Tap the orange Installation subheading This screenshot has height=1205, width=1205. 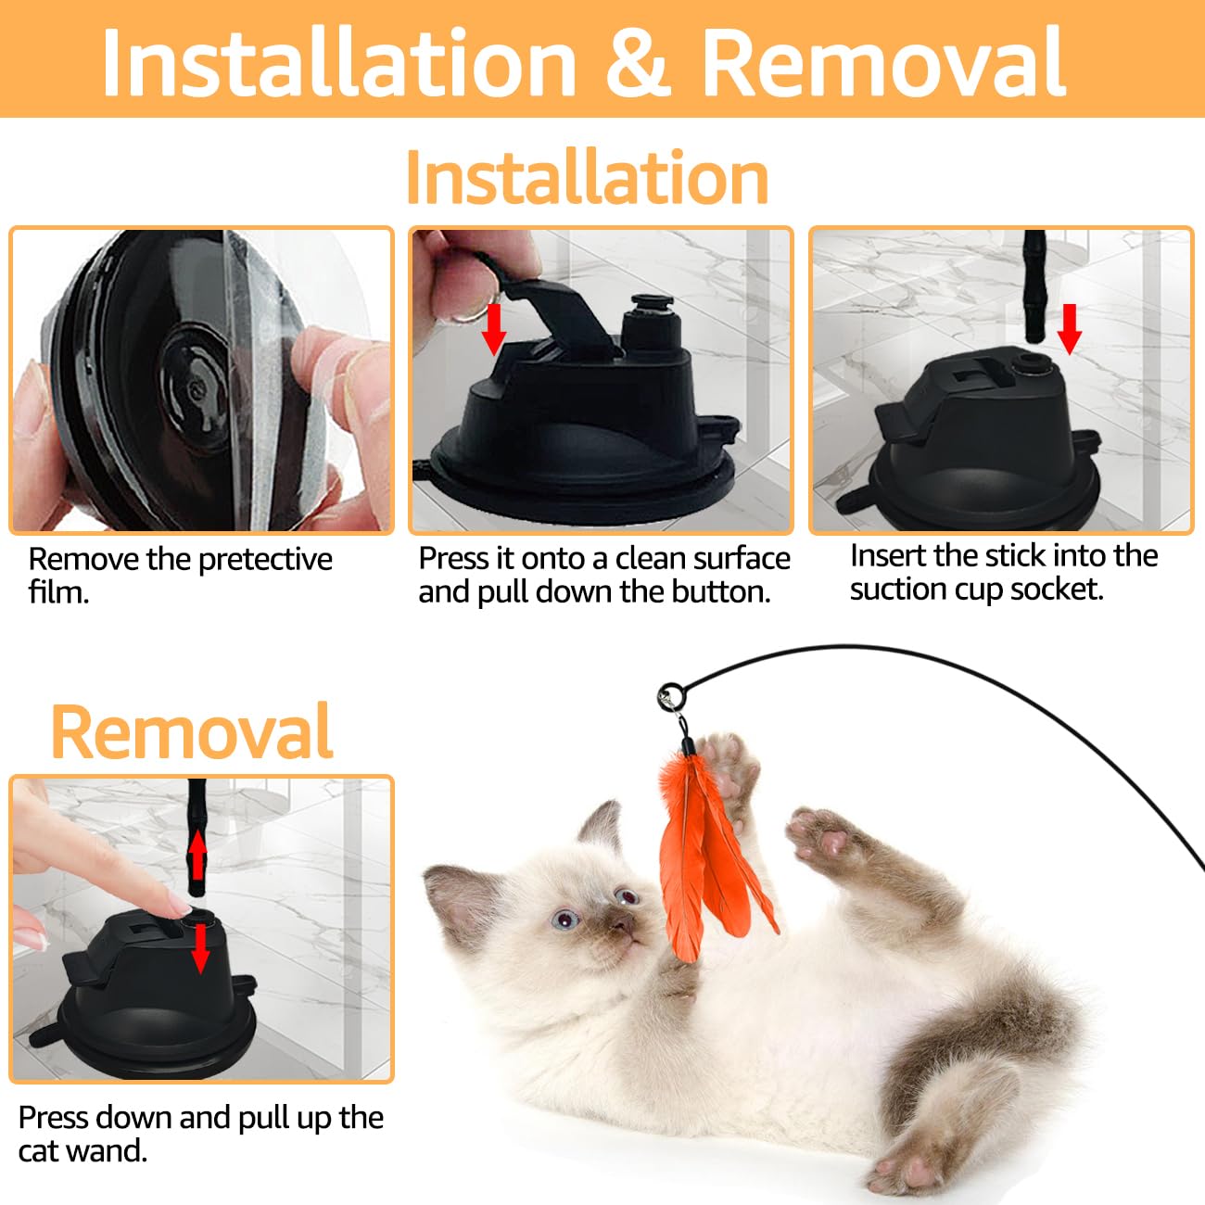pyautogui.click(x=588, y=177)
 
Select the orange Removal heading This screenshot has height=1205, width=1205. pyautogui.click(x=192, y=731)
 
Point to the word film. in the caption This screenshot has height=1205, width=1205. pyautogui.click(x=58, y=592)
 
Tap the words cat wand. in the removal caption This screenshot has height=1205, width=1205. pyautogui.click(x=82, y=1151)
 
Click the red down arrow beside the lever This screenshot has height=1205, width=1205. pyautogui.click(x=494, y=328)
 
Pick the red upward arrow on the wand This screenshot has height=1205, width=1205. pyautogui.click(x=197, y=853)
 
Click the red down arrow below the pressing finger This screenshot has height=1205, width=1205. pyautogui.click(x=200, y=947)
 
